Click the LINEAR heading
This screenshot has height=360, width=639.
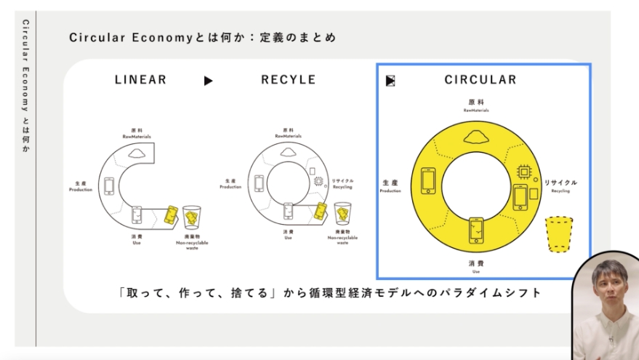tap(140, 80)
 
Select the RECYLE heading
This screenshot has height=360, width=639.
tap(289, 80)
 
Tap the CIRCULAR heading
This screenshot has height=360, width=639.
tap(481, 80)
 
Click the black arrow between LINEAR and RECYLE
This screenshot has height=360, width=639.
tap(209, 81)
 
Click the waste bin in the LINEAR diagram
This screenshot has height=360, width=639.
tap(192, 217)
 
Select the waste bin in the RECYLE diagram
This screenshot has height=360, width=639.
tap(343, 215)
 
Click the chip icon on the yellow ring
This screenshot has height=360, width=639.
tap(523, 172)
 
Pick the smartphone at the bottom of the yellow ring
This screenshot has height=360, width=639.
tap(476, 231)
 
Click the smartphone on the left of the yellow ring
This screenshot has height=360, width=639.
tap(428, 183)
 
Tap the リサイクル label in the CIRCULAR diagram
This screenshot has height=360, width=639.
tap(560, 183)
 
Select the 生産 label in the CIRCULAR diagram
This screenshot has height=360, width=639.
tap(390, 183)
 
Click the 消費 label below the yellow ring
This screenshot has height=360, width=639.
tap(477, 263)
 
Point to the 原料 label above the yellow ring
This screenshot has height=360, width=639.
tap(476, 103)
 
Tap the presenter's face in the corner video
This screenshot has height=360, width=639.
tap(608, 287)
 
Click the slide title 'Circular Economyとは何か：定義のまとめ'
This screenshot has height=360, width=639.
tap(203, 38)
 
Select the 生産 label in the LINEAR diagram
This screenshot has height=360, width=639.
tap(81, 183)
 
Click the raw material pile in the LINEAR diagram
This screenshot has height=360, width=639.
tap(137, 153)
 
